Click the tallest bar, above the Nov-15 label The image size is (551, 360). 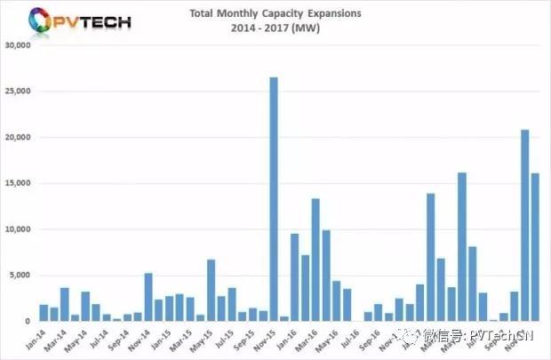[274, 199]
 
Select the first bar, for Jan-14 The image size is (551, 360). [44, 312]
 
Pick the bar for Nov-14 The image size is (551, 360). [148, 297]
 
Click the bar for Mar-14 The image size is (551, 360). [65, 304]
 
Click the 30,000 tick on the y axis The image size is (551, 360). [19, 45]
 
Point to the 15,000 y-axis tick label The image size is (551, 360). [19, 183]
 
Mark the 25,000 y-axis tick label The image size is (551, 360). [19, 92]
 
